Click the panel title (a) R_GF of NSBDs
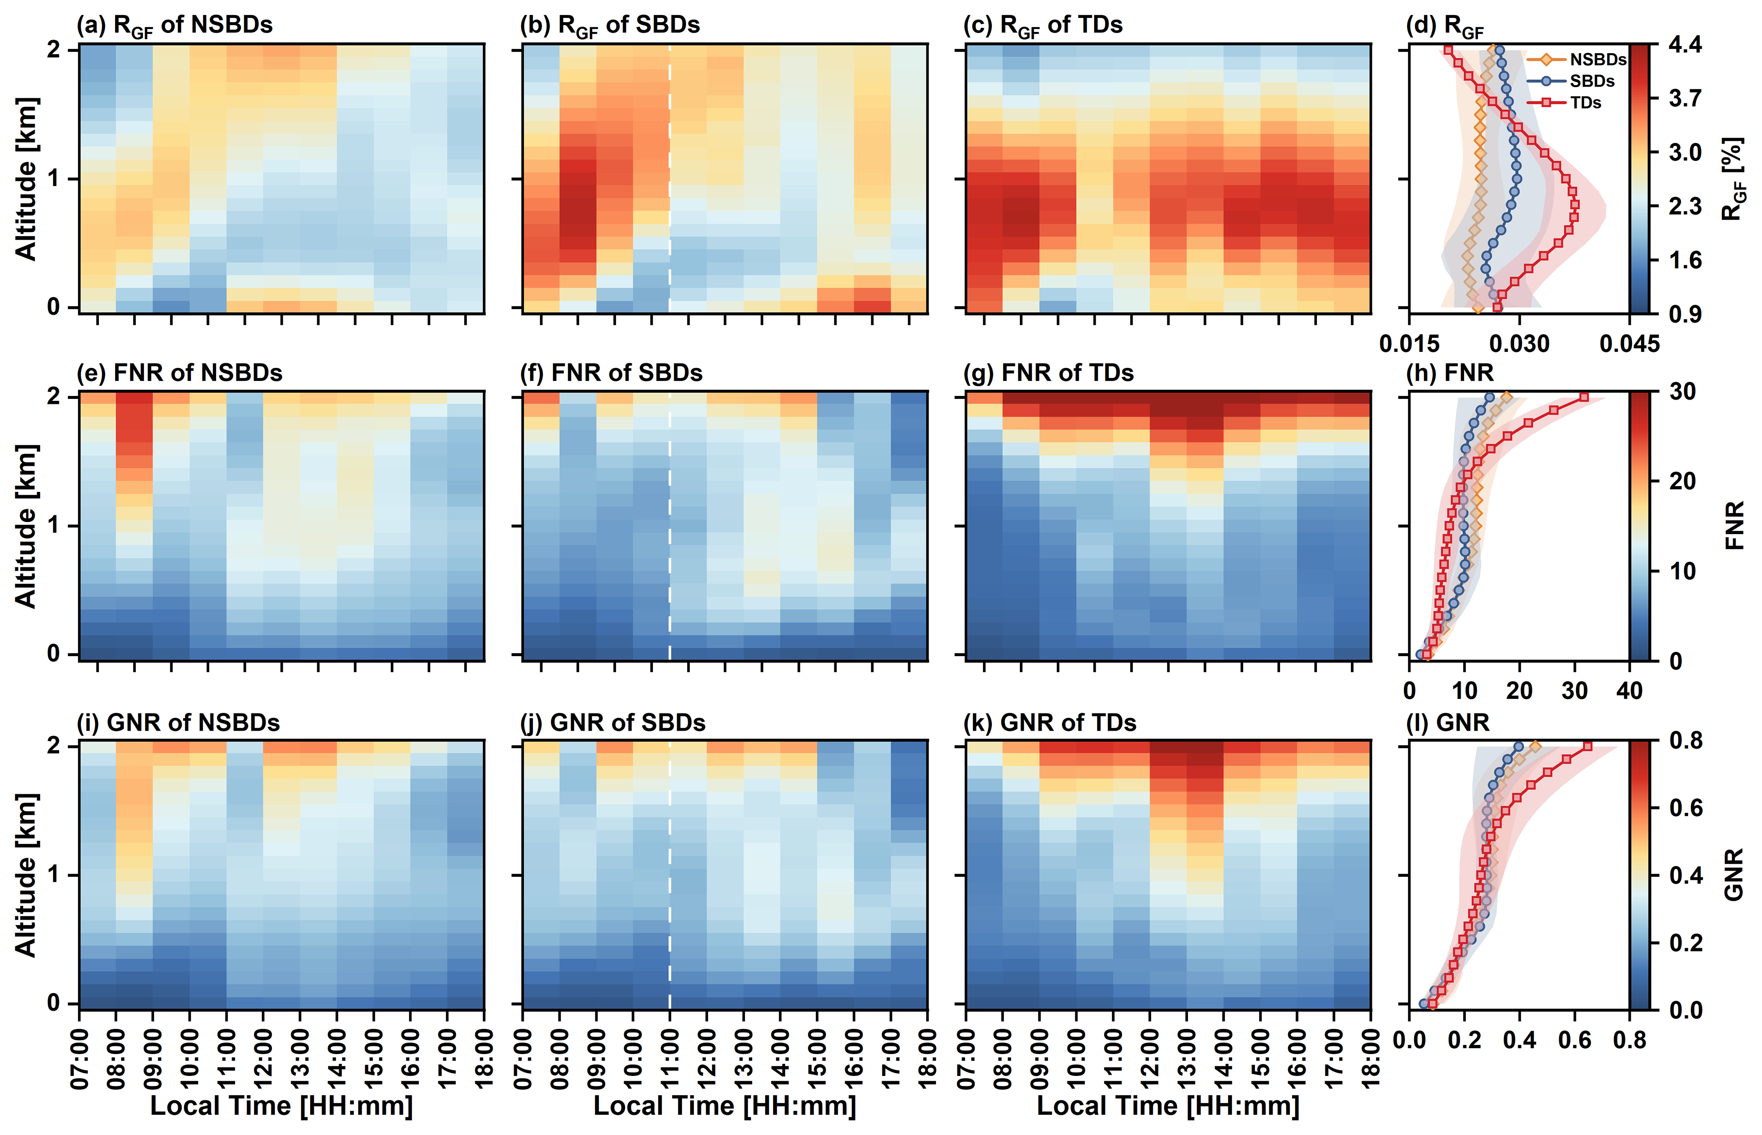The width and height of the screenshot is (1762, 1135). tap(175, 25)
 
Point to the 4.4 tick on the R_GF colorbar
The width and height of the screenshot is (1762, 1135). tap(1684, 45)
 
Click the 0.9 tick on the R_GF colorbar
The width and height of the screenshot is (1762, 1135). tap(1684, 314)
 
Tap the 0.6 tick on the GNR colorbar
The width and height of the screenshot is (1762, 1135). tap(1684, 808)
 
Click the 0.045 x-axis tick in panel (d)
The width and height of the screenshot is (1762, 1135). tap(1629, 344)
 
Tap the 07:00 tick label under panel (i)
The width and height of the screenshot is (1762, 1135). tap(80, 1059)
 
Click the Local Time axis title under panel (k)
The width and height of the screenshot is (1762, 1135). tap(1168, 1106)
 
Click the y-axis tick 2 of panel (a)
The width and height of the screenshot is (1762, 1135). tap(54, 49)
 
